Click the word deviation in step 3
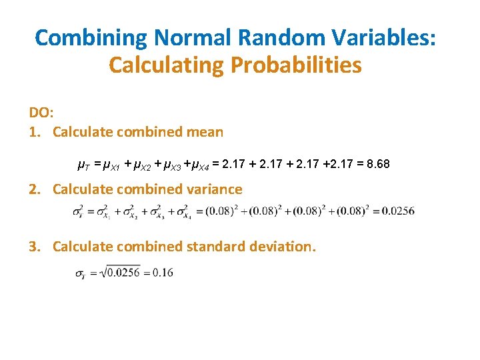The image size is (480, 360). pos(281,247)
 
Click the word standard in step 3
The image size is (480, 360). pos(213,247)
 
